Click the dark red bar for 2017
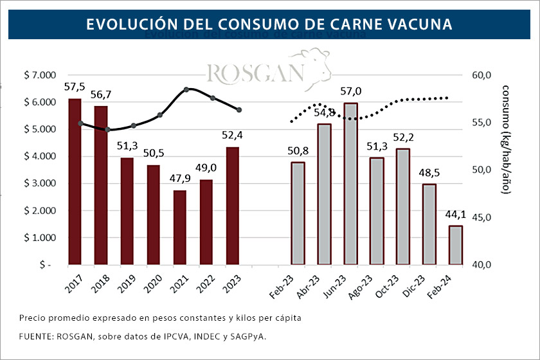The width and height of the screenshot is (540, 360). point(75,181)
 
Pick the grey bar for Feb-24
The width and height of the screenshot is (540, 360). point(455,245)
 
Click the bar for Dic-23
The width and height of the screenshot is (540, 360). point(429,224)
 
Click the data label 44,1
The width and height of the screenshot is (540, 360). point(456,214)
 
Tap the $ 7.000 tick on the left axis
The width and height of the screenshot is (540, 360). point(40,75)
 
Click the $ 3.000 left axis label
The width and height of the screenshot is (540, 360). point(40,183)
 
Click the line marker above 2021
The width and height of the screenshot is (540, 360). point(186,89)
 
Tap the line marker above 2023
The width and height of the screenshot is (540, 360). point(239,110)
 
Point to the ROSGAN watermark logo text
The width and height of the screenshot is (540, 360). point(256,73)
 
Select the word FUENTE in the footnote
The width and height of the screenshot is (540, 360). point(37,336)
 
